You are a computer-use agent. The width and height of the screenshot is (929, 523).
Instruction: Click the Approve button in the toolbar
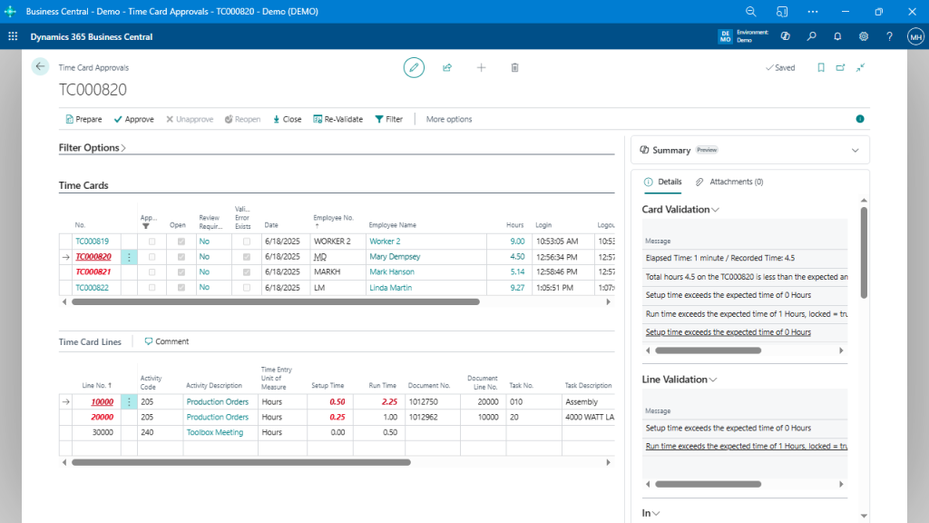tap(133, 119)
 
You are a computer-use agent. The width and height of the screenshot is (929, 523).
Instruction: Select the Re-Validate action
tap(337, 119)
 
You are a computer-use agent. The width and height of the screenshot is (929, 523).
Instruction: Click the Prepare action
tap(83, 119)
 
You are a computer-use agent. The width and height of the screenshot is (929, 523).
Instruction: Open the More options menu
tap(449, 119)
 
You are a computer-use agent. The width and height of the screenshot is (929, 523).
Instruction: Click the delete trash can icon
tap(514, 67)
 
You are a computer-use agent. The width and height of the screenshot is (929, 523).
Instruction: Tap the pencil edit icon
tap(414, 67)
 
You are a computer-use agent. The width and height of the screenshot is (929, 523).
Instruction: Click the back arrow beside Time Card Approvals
tap(40, 66)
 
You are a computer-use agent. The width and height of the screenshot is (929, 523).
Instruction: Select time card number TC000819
tap(92, 242)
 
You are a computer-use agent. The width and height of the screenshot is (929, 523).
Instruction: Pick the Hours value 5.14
tap(516, 271)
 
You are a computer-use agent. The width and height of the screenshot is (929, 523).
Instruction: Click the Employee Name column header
tap(392, 224)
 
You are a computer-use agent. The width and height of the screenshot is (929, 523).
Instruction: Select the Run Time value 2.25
tap(388, 401)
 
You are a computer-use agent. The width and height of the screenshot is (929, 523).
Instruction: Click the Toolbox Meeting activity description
tap(215, 432)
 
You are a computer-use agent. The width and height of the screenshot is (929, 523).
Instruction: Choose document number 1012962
tap(423, 417)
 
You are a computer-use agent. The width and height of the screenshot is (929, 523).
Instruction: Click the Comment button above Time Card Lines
tap(167, 341)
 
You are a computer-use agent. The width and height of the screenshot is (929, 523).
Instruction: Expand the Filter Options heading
tap(93, 147)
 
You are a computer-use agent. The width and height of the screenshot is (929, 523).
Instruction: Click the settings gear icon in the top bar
tap(863, 37)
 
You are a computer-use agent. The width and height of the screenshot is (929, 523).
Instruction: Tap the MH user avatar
tap(914, 37)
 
